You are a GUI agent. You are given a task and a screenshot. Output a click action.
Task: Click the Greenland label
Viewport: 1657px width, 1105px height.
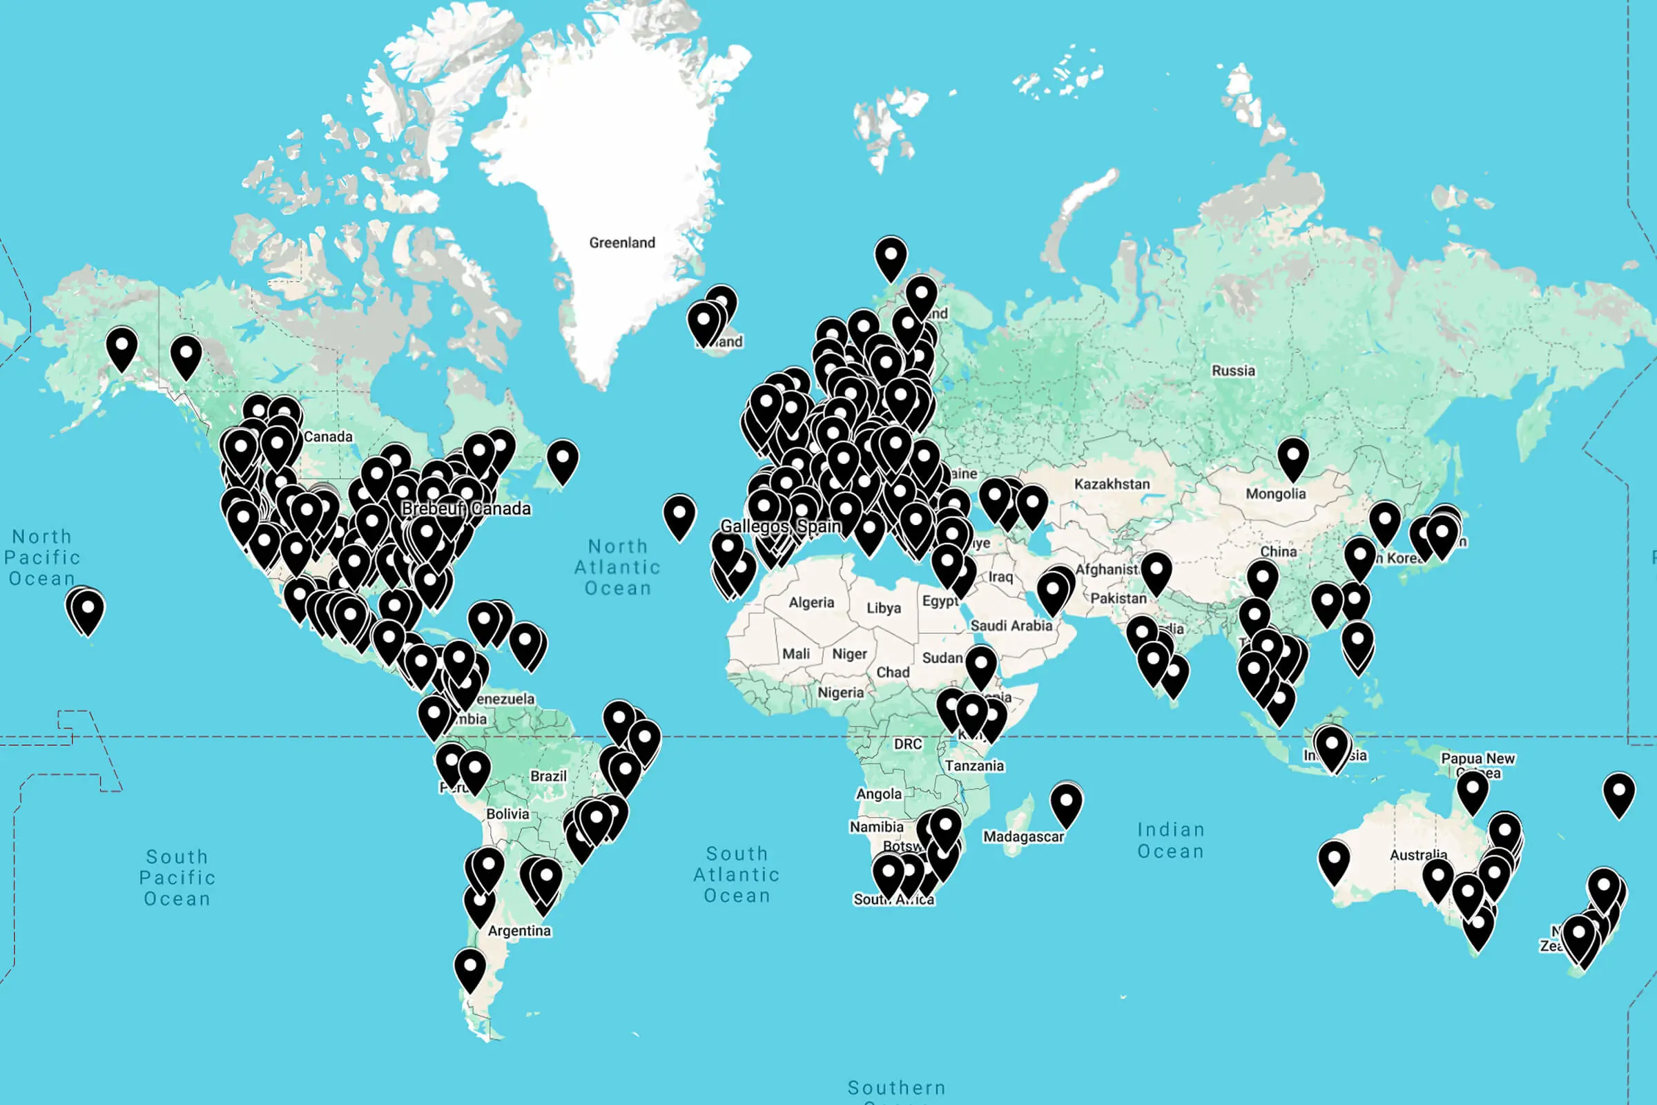pyautogui.click(x=622, y=242)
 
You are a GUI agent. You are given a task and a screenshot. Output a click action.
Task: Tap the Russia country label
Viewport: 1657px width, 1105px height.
pyautogui.click(x=1233, y=371)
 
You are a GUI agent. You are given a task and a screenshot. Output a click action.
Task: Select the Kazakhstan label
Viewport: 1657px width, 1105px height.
pyautogui.click(x=1112, y=484)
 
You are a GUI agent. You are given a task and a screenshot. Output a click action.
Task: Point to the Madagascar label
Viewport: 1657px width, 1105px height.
pyautogui.click(x=1023, y=836)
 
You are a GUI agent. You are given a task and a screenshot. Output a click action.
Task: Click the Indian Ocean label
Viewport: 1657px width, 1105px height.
pyautogui.click(x=1171, y=840)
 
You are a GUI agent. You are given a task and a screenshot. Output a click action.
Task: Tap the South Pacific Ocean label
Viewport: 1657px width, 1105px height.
pyautogui.click(x=177, y=877)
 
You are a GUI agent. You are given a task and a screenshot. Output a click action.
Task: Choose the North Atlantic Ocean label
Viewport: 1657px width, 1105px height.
pyautogui.click(x=618, y=567)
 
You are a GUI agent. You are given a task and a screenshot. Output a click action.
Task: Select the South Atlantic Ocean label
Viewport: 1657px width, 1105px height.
pyautogui.click(x=737, y=874)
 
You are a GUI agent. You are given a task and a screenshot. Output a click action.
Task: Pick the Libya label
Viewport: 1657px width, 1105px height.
pyautogui.click(x=884, y=608)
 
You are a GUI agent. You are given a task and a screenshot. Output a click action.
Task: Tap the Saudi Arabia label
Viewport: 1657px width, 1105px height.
pyautogui.click(x=1011, y=625)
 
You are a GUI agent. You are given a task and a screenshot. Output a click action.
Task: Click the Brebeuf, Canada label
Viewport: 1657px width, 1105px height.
pyautogui.click(x=465, y=509)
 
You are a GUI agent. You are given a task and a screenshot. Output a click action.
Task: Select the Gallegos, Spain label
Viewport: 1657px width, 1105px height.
pyautogui.click(x=781, y=526)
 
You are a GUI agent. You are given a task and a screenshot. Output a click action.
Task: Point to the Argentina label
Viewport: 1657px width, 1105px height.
pyautogui.click(x=519, y=931)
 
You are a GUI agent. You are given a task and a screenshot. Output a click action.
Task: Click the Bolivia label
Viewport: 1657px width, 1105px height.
pyautogui.click(x=507, y=814)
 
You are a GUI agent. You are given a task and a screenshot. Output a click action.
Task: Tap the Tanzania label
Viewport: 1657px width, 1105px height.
pyautogui.click(x=974, y=765)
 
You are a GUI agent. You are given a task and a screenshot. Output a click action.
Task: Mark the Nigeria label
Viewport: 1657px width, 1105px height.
pyautogui.click(x=840, y=693)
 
